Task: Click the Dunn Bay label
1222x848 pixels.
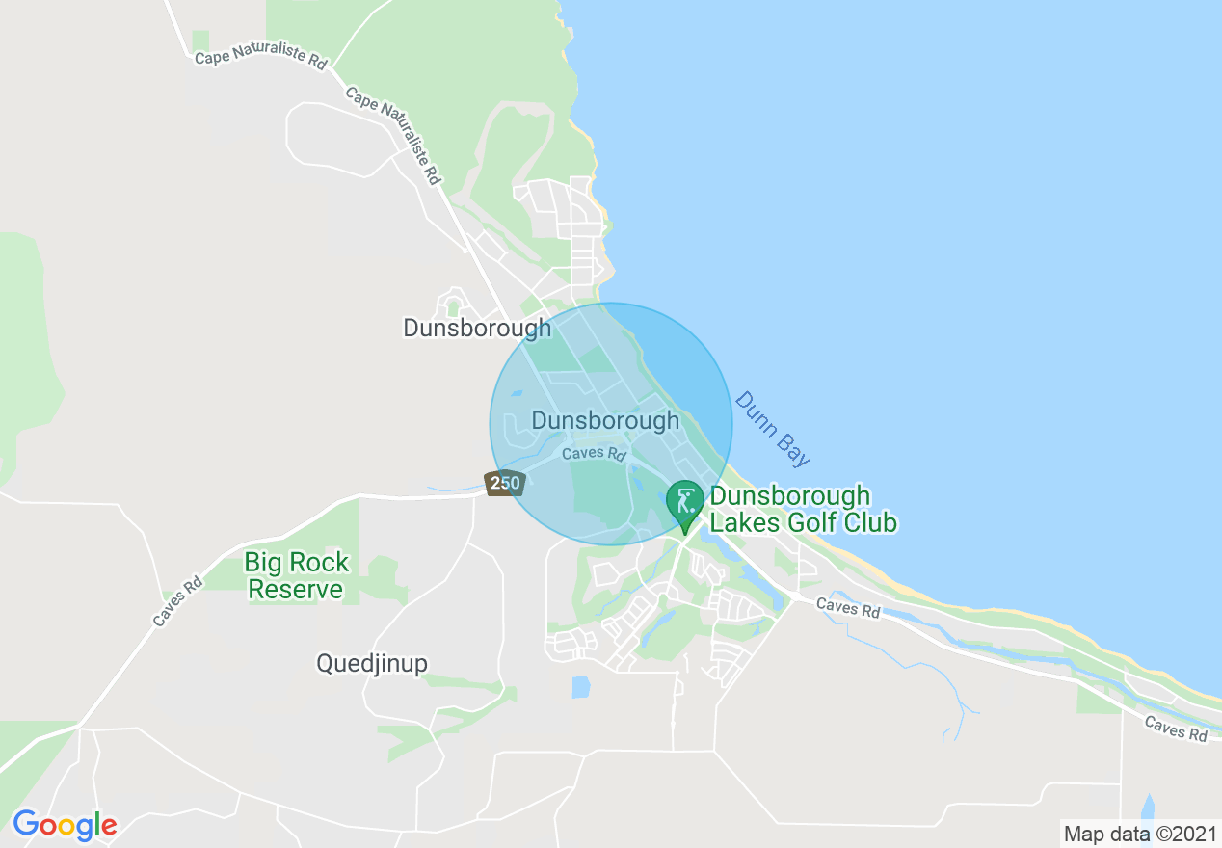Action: click(x=772, y=429)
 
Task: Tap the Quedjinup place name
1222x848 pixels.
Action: click(x=372, y=663)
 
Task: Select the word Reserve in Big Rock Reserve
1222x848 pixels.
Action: click(x=296, y=589)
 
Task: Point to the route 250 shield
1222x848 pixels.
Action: click(x=504, y=483)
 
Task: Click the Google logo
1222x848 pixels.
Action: click(x=65, y=824)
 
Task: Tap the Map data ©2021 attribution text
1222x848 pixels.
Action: click(x=1138, y=834)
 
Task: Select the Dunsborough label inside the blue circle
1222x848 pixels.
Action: click(x=605, y=421)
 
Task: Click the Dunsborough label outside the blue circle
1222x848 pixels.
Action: click(x=477, y=328)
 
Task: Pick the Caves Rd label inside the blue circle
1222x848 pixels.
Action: click(x=595, y=453)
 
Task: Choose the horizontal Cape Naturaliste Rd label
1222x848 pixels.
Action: click(x=260, y=59)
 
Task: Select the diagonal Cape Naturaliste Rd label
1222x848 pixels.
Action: click(x=393, y=136)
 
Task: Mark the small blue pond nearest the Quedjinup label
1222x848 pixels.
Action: click(x=580, y=686)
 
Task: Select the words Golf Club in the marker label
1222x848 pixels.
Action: click(x=840, y=523)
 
